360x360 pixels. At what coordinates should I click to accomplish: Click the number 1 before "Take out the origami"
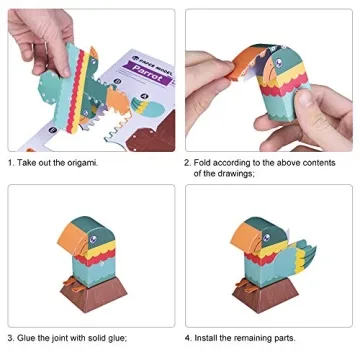[11, 162]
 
